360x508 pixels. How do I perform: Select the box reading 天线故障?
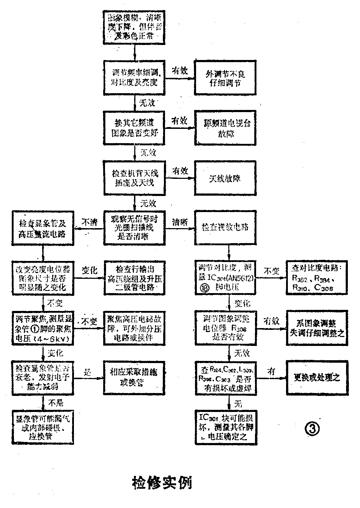tap(225, 178)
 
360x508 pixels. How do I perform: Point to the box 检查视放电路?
tap(225, 227)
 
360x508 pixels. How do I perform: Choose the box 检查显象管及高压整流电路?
tap(42, 228)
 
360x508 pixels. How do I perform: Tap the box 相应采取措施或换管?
tap(134, 378)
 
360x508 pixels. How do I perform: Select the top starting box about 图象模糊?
tap(135, 27)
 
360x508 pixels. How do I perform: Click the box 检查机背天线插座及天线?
tap(135, 178)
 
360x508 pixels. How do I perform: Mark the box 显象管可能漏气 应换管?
tap(42, 426)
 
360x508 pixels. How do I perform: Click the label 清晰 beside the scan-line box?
tap(180, 222)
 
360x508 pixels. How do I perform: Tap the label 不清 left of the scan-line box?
tap(89, 222)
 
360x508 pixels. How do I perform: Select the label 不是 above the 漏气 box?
tap(56, 403)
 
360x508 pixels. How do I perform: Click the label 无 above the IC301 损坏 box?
tap(238, 403)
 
